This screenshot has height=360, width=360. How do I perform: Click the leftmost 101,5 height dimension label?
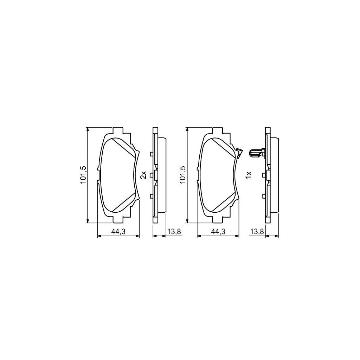click(x=83, y=175)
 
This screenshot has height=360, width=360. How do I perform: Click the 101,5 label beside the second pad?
click(x=183, y=175)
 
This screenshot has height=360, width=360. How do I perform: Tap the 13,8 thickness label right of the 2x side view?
click(x=174, y=231)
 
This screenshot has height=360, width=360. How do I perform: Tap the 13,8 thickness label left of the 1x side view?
click(x=257, y=231)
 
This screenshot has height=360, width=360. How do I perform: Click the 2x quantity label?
click(x=143, y=175)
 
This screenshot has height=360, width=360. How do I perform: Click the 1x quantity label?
click(x=248, y=175)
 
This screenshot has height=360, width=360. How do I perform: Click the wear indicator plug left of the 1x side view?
click(x=255, y=153)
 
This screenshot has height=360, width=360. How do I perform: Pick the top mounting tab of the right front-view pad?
click(x=218, y=130)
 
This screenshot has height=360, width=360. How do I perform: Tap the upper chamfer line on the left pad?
click(x=123, y=148)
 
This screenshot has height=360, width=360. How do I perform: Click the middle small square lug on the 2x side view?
click(x=152, y=175)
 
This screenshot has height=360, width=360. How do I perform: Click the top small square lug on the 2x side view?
click(x=151, y=154)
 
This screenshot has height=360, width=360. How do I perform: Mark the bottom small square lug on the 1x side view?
click(x=264, y=196)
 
